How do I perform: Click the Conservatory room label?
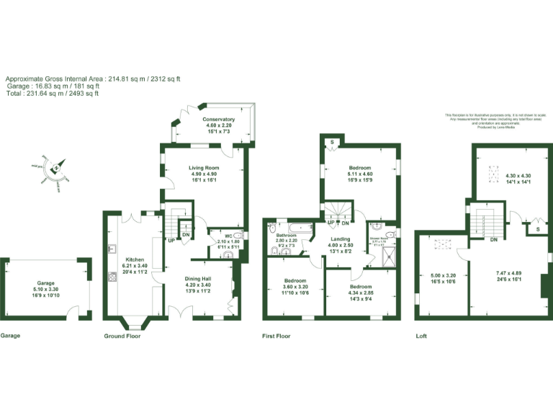coord(218,120)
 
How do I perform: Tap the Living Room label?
coord(204,168)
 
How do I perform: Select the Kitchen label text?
coord(136,259)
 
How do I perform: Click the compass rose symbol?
coord(55,169)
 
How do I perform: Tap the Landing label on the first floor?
coord(341,239)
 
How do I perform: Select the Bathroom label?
coord(287,235)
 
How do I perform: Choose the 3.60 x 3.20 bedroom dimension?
coord(295,286)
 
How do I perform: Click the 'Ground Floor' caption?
coord(122,336)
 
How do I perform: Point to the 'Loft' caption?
coord(421,336)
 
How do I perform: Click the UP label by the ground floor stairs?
coord(171,240)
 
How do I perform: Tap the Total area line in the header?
coord(53,93)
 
